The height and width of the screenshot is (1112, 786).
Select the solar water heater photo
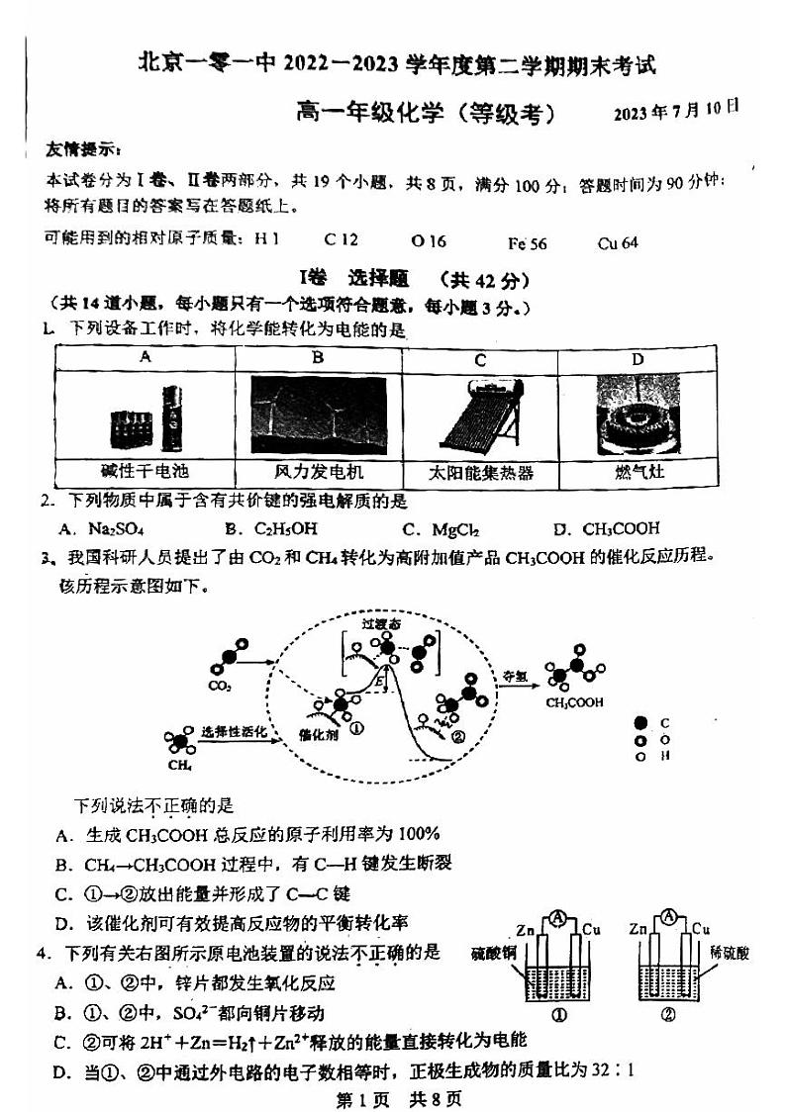click(479, 416)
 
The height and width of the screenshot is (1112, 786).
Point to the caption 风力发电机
click(319, 472)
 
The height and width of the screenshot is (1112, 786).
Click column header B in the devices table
click(319, 358)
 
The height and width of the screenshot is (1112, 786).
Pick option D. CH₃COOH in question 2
click(606, 528)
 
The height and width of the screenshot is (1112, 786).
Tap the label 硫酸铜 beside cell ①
click(490, 954)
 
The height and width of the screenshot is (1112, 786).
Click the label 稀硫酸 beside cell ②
click(729, 953)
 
